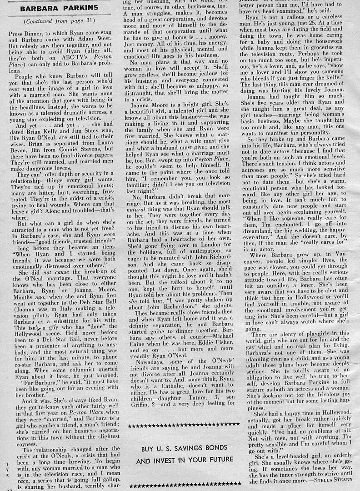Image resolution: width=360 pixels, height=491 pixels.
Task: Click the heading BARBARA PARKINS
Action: (x=59, y=8)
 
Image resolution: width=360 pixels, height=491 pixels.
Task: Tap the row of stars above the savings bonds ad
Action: (x=184, y=425)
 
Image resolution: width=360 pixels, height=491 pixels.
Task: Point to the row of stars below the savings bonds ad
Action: (x=184, y=486)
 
